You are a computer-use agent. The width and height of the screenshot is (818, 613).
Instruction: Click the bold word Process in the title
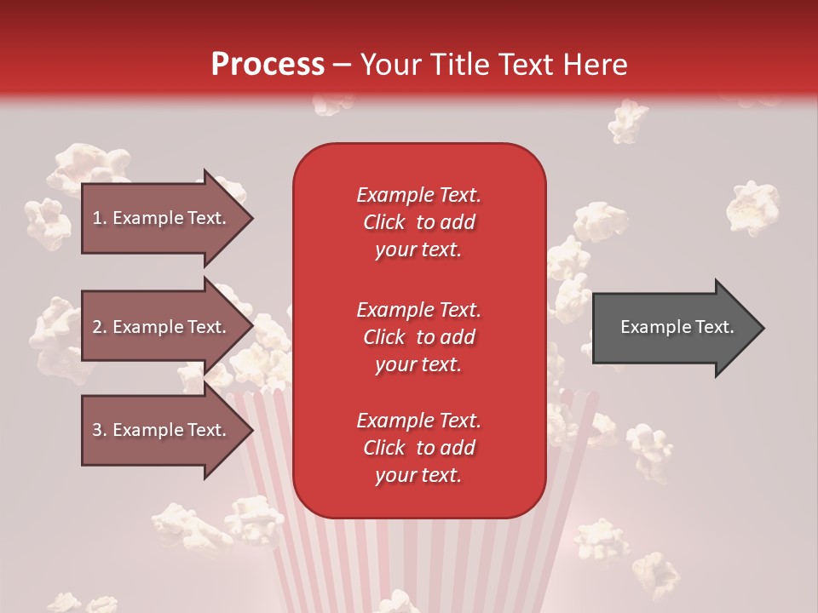(x=268, y=65)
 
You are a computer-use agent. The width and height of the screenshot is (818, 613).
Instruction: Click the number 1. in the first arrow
(x=100, y=218)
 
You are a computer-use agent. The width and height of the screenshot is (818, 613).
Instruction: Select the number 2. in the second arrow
(x=100, y=327)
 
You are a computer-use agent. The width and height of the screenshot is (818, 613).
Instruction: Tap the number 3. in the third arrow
(x=100, y=430)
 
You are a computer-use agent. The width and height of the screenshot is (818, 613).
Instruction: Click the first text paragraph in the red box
(x=418, y=222)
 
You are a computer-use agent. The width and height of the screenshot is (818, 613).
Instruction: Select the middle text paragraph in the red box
(x=418, y=336)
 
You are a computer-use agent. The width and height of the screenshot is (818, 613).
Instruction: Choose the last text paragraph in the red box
(x=418, y=448)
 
